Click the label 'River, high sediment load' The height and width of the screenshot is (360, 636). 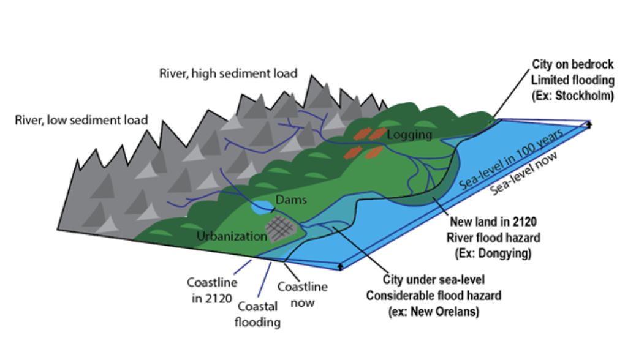tap(228, 73)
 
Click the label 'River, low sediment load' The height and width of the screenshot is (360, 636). tap(81, 119)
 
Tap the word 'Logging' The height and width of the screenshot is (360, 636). tap(409, 134)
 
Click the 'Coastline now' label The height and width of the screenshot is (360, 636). tap(303, 294)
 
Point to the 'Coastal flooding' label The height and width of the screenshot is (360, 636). tap(257, 314)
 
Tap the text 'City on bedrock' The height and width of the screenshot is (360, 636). tap(572, 64)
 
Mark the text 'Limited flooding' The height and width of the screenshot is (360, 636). tap(572, 80)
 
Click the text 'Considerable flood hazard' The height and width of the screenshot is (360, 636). tap(433, 296)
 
